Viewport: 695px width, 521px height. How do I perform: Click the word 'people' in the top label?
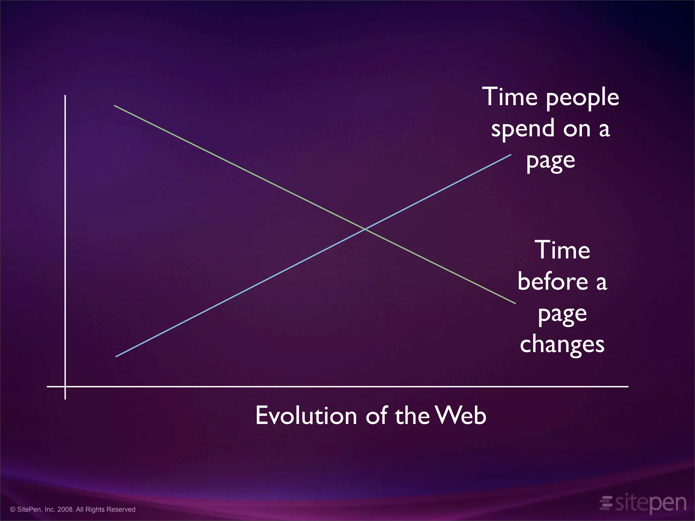click(582, 98)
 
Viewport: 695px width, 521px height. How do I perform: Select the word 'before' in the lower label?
click(553, 282)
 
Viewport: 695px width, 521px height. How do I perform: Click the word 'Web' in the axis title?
click(461, 416)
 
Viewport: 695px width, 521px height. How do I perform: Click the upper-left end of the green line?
click(115, 105)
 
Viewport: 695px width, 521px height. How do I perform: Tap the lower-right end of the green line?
click(515, 303)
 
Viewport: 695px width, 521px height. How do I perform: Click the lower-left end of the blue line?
click(116, 356)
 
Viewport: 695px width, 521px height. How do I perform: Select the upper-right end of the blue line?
click(511, 155)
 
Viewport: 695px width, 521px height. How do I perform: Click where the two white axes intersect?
click(65, 386)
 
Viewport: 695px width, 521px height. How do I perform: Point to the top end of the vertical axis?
click(65, 96)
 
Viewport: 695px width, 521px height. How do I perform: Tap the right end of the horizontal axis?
click(627, 386)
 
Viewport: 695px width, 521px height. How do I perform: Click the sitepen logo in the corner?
click(643, 503)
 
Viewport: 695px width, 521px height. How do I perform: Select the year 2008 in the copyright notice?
click(65, 509)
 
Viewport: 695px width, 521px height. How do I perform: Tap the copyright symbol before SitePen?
click(13, 509)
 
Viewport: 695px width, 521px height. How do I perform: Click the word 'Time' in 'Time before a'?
click(562, 250)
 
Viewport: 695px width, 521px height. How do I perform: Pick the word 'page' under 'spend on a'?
click(550, 161)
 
